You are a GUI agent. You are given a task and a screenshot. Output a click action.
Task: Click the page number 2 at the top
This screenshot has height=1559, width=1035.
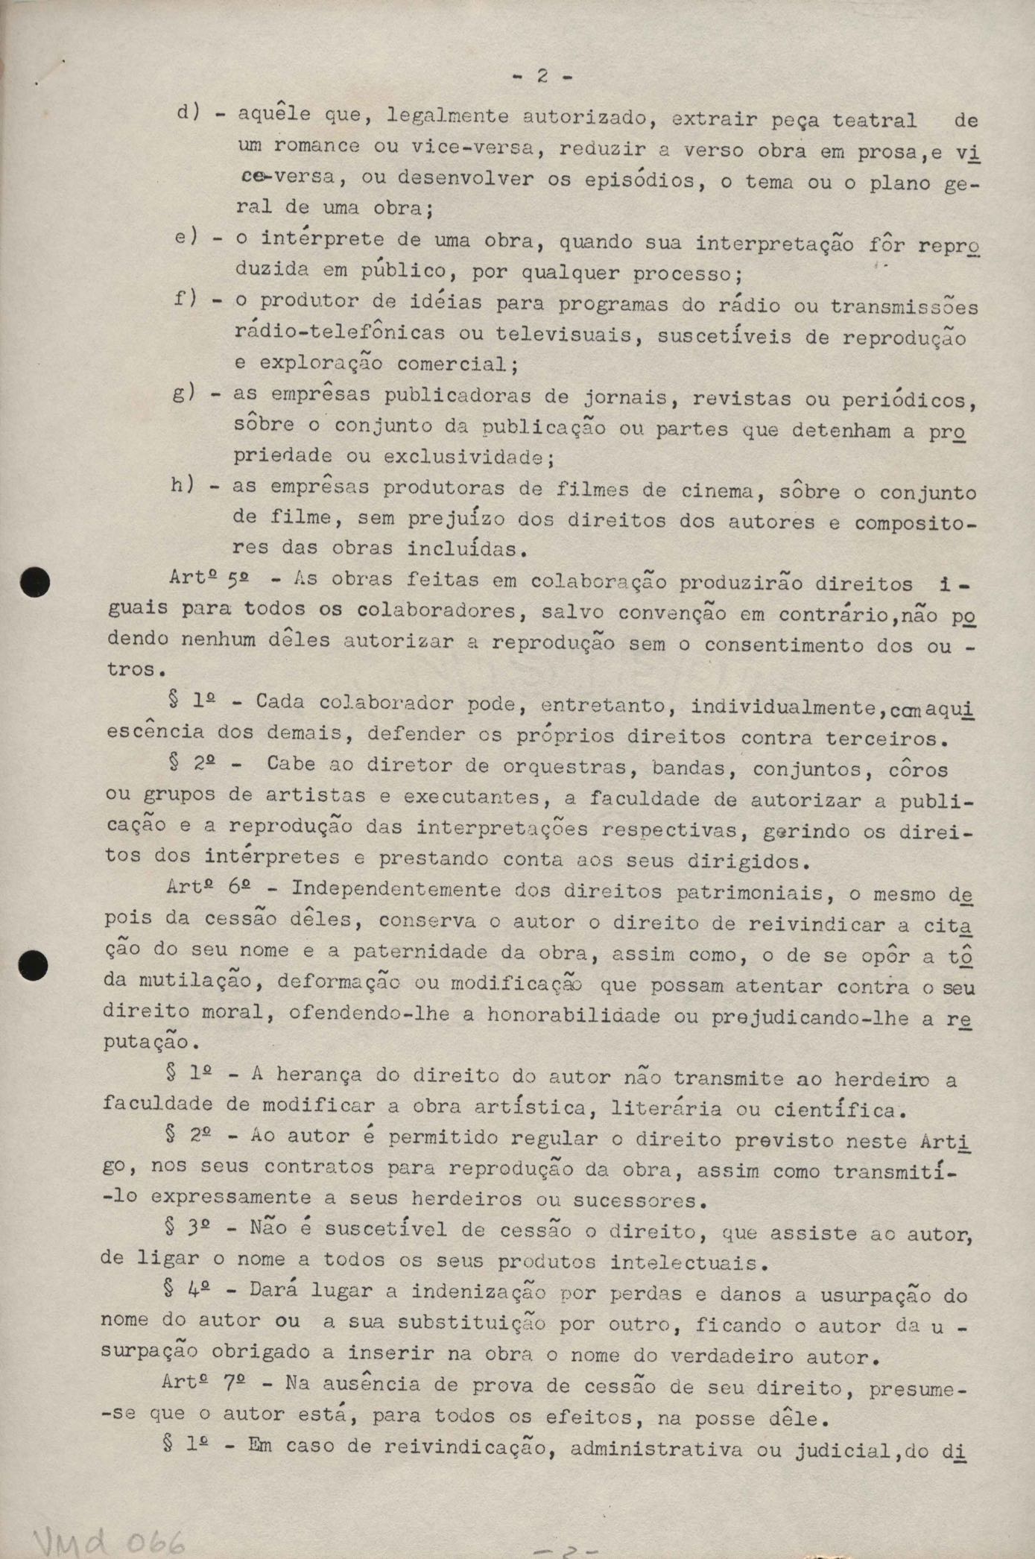point(542,76)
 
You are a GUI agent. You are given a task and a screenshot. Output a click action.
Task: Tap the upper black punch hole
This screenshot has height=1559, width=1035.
point(35,582)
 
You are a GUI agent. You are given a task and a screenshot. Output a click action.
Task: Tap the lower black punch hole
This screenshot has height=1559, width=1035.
point(34,967)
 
